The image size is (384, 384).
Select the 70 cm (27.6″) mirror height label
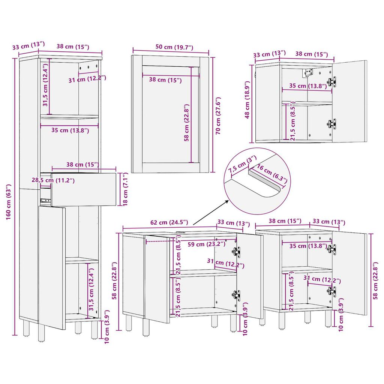tap(218, 115)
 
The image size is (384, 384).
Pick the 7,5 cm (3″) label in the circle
tap(242, 165)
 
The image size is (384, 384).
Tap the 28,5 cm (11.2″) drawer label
tap(53, 180)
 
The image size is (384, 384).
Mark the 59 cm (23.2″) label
tap(206, 244)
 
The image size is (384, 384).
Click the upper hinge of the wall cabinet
tap(331, 81)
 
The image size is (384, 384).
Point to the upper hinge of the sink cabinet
tap(236, 251)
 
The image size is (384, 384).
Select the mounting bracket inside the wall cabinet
tap(309, 72)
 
